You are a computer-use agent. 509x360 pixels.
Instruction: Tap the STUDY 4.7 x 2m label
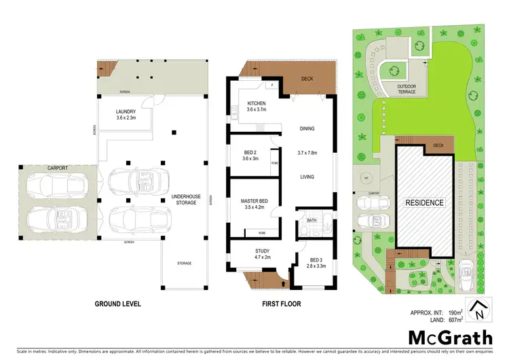click(252, 253)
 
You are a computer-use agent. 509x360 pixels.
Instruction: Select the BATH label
click(312, 220)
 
